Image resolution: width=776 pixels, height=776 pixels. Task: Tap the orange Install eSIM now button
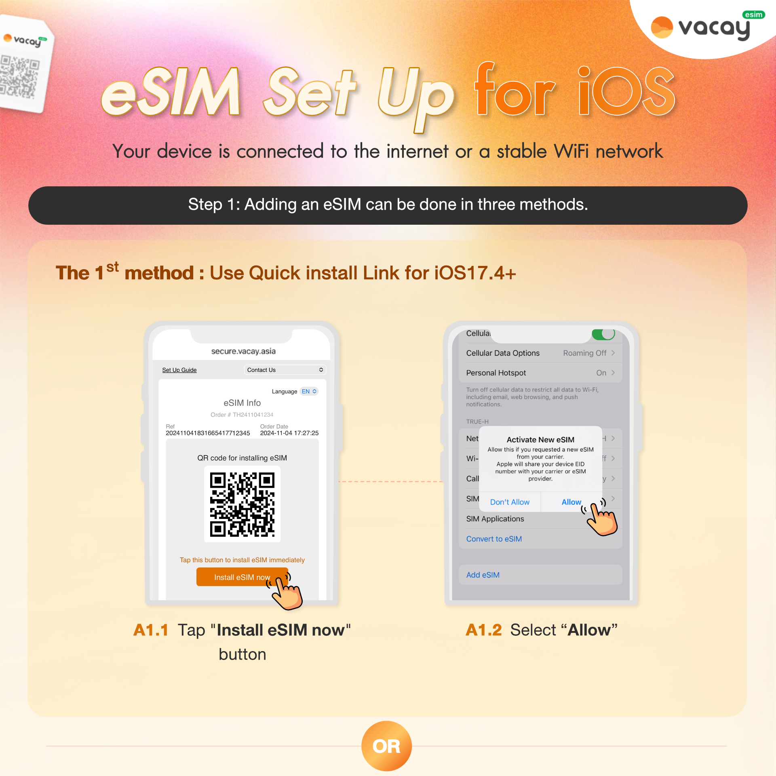pyautogui.click(x=242, y=577)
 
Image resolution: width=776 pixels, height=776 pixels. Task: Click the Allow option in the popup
pyautogui.click(x=571, y=502)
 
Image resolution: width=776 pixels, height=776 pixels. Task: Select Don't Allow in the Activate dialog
pyautogui.click(x=510, y=502)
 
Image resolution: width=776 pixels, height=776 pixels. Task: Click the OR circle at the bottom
pyautogui.click(x=386, y=746)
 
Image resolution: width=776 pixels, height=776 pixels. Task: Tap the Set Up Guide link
pyautogui.click(x=179, y=370)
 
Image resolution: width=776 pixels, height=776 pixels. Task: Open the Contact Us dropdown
pyautogui.click(x=285, y=370)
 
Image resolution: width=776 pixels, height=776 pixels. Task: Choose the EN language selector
pyautogui.click(x=309, y=391)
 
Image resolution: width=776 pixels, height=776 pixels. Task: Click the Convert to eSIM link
pyautogui.click(x=494, y=539)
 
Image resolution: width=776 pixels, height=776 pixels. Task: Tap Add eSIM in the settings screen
pyautogui.click(x=483, y=575)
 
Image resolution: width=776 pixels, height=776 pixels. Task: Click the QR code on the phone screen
pyautogui.click(x=242, y=504)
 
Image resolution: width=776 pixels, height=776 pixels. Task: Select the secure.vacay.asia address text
pyautogui.click(x=243, y=351)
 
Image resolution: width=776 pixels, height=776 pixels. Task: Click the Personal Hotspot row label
pyautogui.click(x=496, y=373)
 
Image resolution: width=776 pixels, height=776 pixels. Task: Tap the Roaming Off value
pyautogui.click(x=585, y=353)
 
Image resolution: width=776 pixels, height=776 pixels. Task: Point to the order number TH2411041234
pyautogui.click(x=253, y=415)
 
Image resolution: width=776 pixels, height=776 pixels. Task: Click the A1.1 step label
pyautogui.click(x=151, y=630)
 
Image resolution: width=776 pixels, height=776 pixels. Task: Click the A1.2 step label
pyautogui.click(x=484, y=630)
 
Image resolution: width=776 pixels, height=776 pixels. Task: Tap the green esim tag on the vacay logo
pyautogui.click(x=754, y=15)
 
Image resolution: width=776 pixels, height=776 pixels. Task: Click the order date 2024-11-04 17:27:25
pyautogui.click(x=289, y=433)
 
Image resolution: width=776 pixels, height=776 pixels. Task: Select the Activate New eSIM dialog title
pyautogui.click(x=540, y=440)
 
